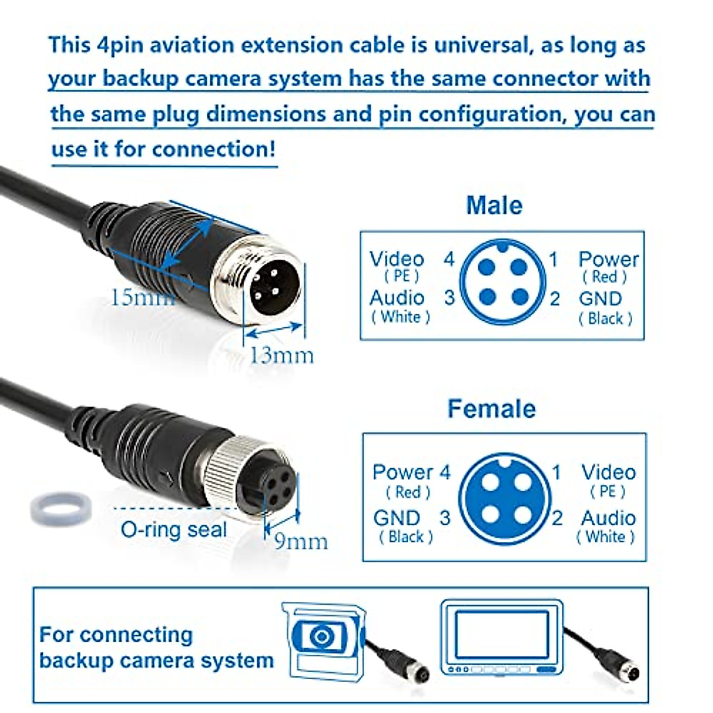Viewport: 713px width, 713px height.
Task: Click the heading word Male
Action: pyautogui.click(x=494, y=206)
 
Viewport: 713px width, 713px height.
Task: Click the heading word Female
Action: pyautogui.click(x=491, y=409)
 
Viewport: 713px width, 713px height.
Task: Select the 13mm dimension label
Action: pyautogui.click(x=280, y=355)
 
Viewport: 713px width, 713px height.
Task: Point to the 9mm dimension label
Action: pyautogui.click(x=301, y=541)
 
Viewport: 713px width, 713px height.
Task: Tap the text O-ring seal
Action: pyautogui.click(x=173, y=529)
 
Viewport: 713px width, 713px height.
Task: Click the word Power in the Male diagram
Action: pyautogui.click(x=608, y=259)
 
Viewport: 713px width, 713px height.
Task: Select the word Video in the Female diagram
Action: pyautogui.click(x=608, y=472)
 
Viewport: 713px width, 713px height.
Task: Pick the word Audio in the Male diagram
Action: pyautogui.click(x=397, y=298)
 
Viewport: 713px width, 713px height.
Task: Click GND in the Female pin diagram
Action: pyautogui.click(x=396, y=518)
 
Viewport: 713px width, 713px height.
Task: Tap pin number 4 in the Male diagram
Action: pyautogui.click(x=449, y=259)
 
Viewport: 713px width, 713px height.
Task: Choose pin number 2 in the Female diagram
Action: pyautogui.click(x=557, y=518)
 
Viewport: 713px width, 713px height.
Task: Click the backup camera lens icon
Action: pyautogui.click(x=321, y=638)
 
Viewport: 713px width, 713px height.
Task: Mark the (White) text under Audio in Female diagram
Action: pyautogui.click(x=605, y=537)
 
